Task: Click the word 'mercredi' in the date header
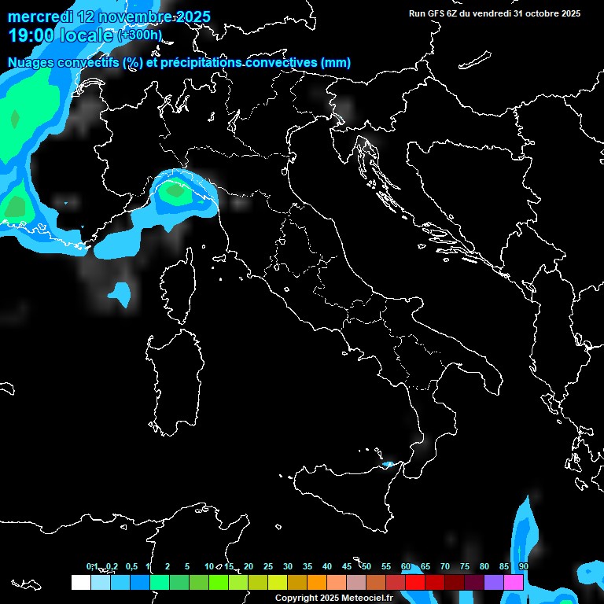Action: coord(40,17)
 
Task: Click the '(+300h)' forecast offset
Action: coord(139,35)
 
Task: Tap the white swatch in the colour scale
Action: coord(80,582)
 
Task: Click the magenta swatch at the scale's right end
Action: coord(514,582)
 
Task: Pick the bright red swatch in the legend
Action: coord(415,582)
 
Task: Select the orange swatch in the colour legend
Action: coord(316,582)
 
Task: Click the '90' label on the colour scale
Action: coord(523,566)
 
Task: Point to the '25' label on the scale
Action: coord(267,566)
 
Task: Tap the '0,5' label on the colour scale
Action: coord(131,566)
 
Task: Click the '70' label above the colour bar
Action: coord(444,566)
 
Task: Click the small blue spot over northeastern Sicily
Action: coord(388,465)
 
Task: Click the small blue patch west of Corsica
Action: coord(120,294)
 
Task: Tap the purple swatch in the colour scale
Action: coord(494,582)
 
